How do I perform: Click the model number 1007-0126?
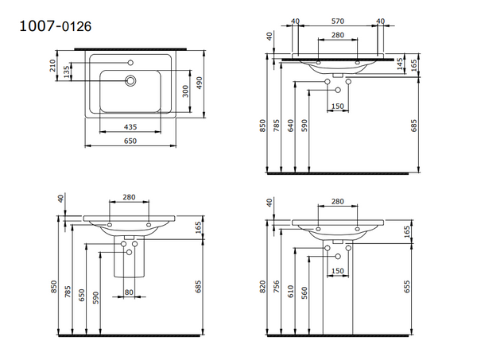pos(55,26)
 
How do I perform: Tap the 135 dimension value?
pos(68,73)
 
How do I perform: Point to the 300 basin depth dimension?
pos(185,92)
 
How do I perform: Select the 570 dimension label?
pos(338,21)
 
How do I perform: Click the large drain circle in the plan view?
pos(130,79)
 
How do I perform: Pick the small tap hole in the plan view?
pos(130,60)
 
